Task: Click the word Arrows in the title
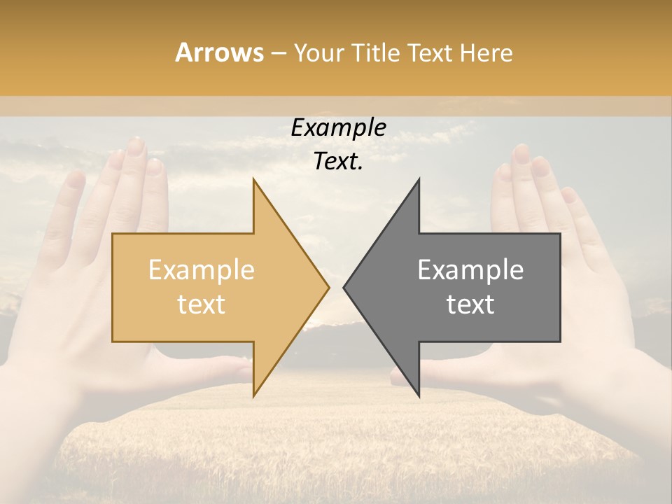tap(219, 52)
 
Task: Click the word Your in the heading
tap(319, 52)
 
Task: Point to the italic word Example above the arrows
tap(338, 127)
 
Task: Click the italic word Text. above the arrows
tap(338, 161)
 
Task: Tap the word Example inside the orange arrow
tap(202, 269)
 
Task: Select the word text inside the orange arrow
tap(202, 304)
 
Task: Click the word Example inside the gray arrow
tap(470, 269)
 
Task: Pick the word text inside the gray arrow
tap(470, 304)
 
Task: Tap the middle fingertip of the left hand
tap(135, 146)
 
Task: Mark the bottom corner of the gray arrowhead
tap(419, 395)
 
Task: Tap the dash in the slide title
tap(278, 53)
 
